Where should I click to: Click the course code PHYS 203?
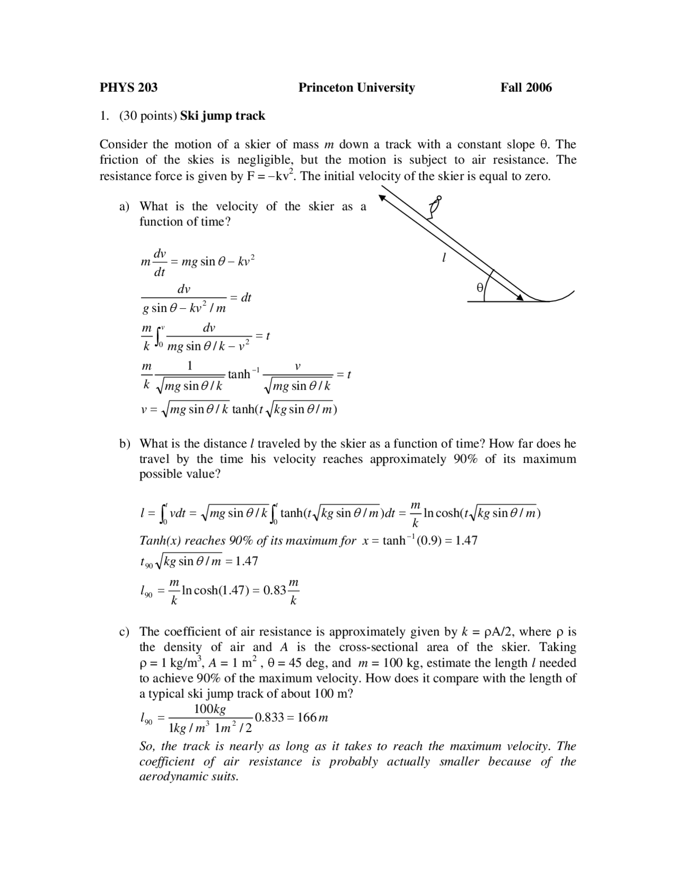pyautogui.click(x=128, y=88)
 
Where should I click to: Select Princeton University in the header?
pyautogui.click(x=356, y=88)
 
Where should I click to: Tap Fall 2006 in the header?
pyautogui.click(x=526, y=88)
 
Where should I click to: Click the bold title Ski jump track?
pyautogui.click(x=222, y=116)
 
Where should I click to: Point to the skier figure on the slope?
pyautogui.click(x=435, y=207)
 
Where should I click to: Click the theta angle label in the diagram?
pyautogui.click(x=480, y=287)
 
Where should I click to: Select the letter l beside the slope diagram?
pyautogui.click(x=444, y=258)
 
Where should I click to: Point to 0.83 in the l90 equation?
pyautogui.click(x=275, y=590)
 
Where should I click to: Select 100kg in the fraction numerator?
pyautogui.click(x=210, y=709)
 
